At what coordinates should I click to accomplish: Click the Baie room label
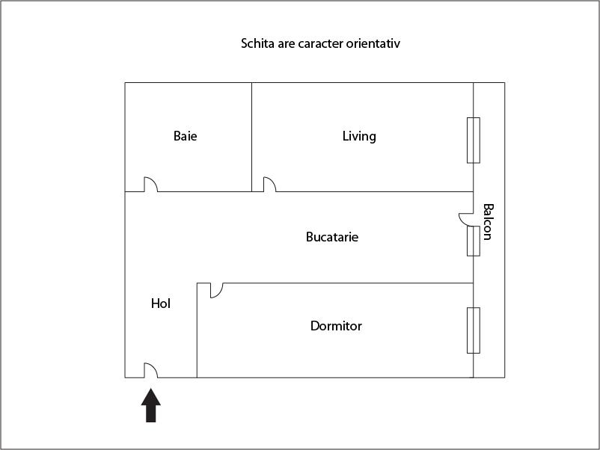click(x=186, y=136)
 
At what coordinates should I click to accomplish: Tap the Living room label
click(x=359, y=136)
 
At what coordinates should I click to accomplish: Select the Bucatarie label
click(x=332, y=237)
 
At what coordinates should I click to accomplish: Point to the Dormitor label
click(x=336, y=326)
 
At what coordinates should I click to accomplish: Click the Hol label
click(x=161, y=303)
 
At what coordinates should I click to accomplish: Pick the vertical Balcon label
click(x=488, y=222)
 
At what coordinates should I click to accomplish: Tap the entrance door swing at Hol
click(x=150, y=370)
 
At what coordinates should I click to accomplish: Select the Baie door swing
click(x=150, y=184)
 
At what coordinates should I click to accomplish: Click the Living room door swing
click(x=269, y=184)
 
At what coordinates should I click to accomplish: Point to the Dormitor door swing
click(x=216, y=290)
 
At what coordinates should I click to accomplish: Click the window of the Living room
click(x=474, y=140)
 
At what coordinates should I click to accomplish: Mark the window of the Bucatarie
click(x=474, y=241)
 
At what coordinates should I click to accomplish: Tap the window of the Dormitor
click(x=474, y=330)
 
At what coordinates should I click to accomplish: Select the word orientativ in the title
click(x=374, y=43)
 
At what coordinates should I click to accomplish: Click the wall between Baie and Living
click(x=251, y=135)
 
